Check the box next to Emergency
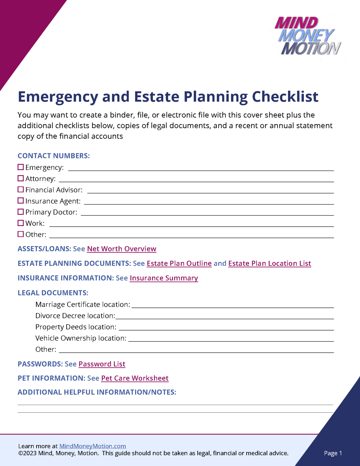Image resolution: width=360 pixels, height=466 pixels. pos(21,167)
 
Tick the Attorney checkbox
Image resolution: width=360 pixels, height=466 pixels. pos(21,178)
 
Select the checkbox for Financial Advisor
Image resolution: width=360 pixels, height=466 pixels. pos(21,189)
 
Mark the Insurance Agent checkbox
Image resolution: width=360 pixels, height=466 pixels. pos(21,200)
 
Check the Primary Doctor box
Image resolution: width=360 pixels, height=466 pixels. pos(21,212)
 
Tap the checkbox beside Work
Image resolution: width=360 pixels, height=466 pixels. pos(21,223)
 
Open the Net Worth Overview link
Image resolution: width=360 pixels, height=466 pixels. pos(121,249)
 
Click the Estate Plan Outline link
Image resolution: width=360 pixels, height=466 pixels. pos(179,263)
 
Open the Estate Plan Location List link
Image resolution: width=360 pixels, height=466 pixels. pos(269,263)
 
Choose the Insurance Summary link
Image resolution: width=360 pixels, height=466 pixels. pos(164,278)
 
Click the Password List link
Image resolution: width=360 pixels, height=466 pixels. pos(102,364)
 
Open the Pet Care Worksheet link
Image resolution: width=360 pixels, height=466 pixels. pos(135,378)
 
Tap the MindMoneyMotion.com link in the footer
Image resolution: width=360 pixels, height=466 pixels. pos(92,446)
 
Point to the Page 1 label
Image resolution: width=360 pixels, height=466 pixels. pos(333,453)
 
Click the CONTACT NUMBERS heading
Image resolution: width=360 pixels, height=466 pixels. pos(54,156)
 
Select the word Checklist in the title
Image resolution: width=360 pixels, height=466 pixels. pos(285,97)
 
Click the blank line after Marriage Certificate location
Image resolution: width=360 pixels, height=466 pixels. pos(232,305)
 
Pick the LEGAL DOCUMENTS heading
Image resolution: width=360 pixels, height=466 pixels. pos(53,293)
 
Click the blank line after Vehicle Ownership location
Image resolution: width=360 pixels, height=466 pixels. pos(231,339)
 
